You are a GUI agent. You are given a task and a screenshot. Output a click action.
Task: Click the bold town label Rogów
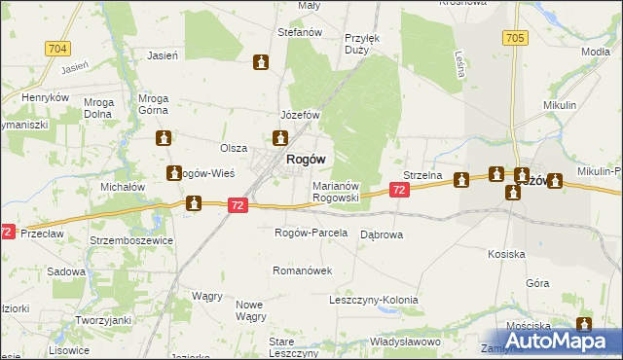click(305, 160)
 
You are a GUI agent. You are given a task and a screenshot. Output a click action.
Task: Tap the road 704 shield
click(57, 48)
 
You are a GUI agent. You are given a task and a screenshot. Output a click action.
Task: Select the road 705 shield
click(516, 37)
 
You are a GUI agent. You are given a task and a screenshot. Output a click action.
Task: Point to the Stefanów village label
click(300, 32)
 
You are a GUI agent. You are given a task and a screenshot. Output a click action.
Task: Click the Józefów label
click(300, 115)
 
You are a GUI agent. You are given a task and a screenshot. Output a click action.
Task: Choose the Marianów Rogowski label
click(336, 191)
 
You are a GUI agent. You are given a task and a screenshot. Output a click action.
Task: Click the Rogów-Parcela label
click(311, 233)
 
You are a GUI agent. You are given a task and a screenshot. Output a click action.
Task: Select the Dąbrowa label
click(382, 234)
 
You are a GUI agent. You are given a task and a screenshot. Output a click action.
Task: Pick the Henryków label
click(46, 97)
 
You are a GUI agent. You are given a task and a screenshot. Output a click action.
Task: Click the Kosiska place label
click(506, 253)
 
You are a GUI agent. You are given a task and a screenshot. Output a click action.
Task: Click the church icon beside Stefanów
click(261, 63)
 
